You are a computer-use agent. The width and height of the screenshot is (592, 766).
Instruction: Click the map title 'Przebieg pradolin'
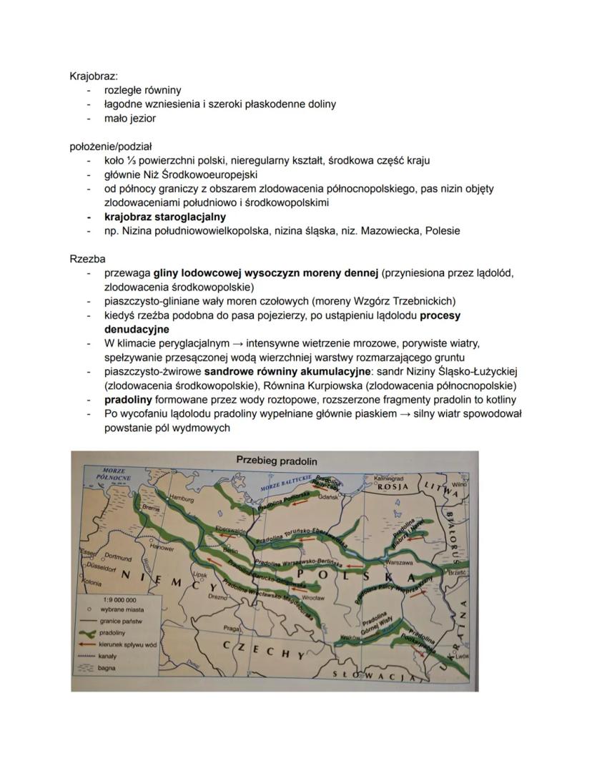click(276, 460)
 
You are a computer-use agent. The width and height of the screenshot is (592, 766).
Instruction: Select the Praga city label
click(230, 628)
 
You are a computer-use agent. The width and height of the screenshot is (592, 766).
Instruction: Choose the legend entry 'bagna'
click(109, 669)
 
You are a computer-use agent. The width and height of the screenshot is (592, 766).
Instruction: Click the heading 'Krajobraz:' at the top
click(94, 76)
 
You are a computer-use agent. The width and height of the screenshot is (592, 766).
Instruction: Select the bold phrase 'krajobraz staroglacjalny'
click(165, 216)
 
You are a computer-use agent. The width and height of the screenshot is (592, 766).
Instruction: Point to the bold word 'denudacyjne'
click(137, 329)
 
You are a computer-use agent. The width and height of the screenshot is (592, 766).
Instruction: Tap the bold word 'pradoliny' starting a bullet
click(129, 399)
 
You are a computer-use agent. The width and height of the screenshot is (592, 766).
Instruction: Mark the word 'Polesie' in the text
click(441, 230)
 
